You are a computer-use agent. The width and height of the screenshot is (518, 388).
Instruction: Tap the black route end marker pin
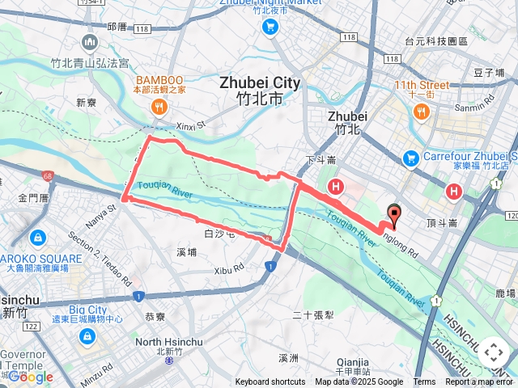(x=395, y=216)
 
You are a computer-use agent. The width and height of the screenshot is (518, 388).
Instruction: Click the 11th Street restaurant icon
(x=421, y=110)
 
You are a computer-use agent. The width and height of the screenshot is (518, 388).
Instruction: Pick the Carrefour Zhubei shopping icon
(x=411, y=156)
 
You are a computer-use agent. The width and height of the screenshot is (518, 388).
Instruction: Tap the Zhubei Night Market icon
(x=270, y=27)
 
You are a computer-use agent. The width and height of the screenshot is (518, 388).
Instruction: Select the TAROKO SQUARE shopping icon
(x=37, y=238)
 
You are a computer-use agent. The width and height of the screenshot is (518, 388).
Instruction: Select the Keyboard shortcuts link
(x=270, y=382)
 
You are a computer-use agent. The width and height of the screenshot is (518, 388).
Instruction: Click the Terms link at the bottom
(x=424, y=382)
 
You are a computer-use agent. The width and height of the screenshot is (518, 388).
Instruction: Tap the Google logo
(x=30, y=377)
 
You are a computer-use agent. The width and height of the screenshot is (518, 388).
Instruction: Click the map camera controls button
(x=494, y=352)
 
